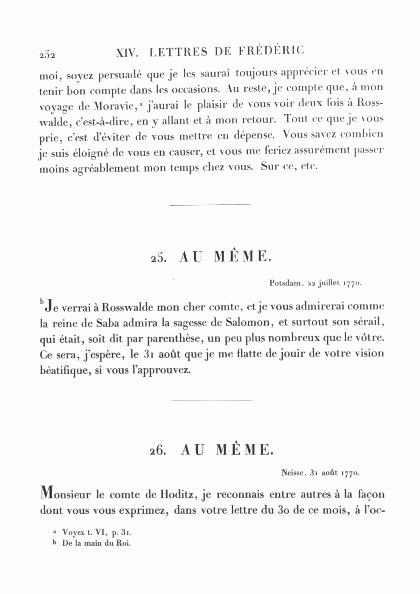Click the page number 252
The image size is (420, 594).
[47, 54]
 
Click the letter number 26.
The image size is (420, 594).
[158, 451]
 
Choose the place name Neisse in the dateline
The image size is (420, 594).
[293, 473]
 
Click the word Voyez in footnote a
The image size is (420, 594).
[72, 532]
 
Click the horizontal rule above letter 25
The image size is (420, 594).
[210, 204]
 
